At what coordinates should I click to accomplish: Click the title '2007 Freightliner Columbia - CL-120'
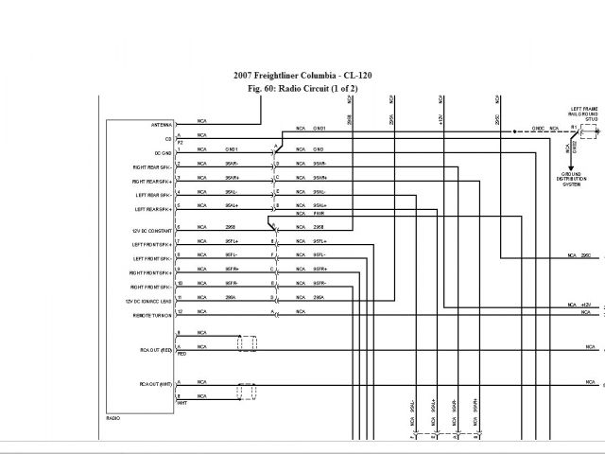click(301, 75)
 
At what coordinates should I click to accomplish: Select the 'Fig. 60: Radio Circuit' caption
click(301, 88)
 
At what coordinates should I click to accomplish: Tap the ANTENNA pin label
click(161, 125)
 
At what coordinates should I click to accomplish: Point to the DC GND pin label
click(162, 153)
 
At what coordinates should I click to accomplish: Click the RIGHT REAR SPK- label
click(153, 166)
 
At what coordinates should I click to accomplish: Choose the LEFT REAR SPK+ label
click(154, 208)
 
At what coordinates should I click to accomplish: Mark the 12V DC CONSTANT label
click(152, 229)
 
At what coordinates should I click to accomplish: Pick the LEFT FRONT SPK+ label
click(153, 244)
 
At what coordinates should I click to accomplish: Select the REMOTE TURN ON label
click(154, 315)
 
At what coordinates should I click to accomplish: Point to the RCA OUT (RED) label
click(154, 350)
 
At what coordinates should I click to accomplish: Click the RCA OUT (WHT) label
click(154, 383)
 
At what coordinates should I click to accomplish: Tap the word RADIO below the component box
click(114, 417)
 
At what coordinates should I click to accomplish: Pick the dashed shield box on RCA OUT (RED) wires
click(247, 341)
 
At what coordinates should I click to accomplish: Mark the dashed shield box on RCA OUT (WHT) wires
click(247, 391)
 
